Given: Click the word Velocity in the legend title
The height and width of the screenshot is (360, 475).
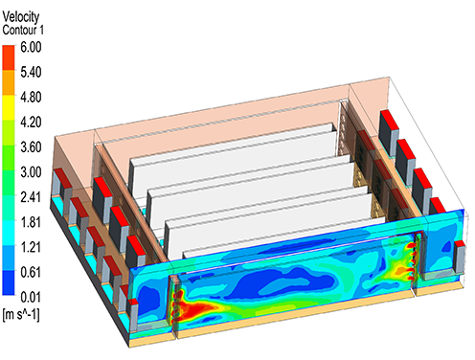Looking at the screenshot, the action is click(x=21, y=16).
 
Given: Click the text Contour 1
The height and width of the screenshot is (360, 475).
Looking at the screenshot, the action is click(x=23, y=30).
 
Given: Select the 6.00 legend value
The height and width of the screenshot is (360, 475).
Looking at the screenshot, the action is click(x=31, y=47).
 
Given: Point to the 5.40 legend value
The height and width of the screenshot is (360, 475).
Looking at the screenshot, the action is click(x=31, y=73).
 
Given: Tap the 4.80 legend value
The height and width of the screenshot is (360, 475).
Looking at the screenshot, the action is click(x=31, y=98).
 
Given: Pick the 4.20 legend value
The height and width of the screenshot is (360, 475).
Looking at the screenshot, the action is click(x=31, y=123).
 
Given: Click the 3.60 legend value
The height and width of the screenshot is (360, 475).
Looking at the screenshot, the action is click(x=31, y=147).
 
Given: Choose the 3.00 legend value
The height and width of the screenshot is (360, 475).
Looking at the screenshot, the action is click(x=31, y=172).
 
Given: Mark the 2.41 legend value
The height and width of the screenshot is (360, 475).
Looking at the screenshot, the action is click(x=31, y=197).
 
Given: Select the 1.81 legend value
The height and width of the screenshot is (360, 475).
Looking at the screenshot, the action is click(x=31, y=222).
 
